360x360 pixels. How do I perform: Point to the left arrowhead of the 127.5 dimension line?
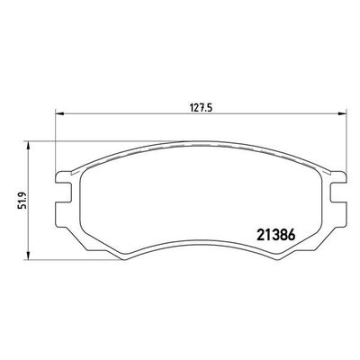(x=59, y=113)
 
